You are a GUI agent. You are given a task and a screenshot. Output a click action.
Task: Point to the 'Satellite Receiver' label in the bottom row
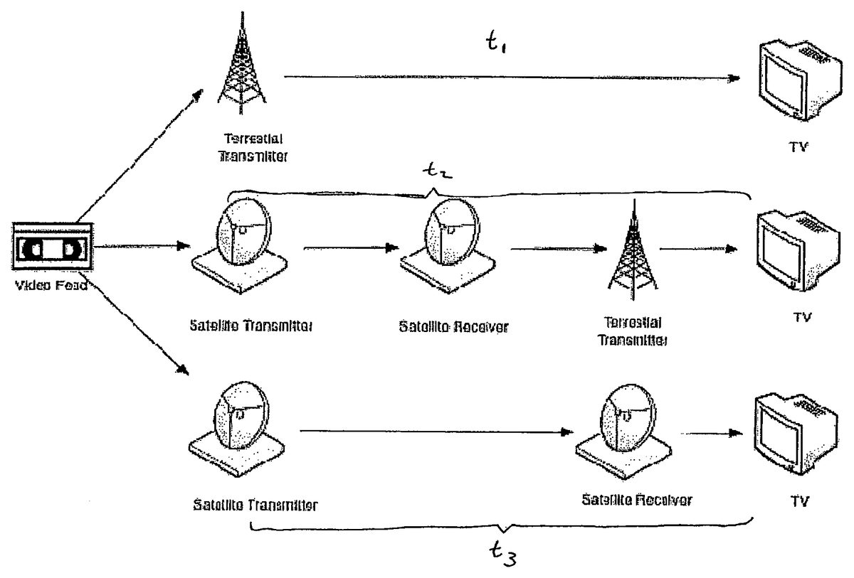636,499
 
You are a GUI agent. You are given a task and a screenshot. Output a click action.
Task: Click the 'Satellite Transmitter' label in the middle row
252,326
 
